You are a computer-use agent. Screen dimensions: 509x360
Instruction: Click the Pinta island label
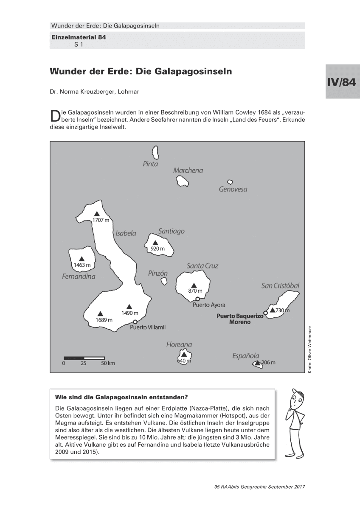click(x=150, y=164)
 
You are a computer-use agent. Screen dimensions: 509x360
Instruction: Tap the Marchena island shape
click(x=183, y=181)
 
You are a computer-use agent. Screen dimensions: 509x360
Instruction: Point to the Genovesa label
click(x=233, y=190)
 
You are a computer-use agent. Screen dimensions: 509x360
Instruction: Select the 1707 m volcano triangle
click(x=97, y=214)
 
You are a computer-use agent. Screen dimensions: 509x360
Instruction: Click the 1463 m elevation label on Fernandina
click(x=82, y=265)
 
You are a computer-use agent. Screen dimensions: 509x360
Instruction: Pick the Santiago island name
click(x=171, y=232)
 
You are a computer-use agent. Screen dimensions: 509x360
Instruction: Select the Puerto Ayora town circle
click(x=197, y=299)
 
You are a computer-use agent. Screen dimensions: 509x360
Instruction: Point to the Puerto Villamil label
click(x=147, y=327)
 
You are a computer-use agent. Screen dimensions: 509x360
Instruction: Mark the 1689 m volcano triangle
click(x=100, y=313)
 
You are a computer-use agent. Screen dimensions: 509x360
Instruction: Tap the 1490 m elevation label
click(x=130, y=313)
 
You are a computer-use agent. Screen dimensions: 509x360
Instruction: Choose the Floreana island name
click(x=179, y=345)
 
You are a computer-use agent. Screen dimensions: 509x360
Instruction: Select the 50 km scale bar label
click(x=108, y=364)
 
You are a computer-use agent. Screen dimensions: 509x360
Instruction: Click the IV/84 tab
click(x=341, y=82)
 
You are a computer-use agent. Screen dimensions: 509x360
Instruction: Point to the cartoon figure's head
click(x=297, y=399)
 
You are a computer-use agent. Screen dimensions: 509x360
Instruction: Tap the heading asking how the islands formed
click(x=121, y=397)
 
